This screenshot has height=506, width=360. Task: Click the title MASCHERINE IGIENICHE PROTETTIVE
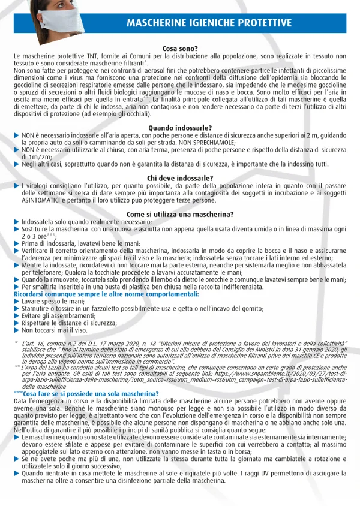(x=209, y=23)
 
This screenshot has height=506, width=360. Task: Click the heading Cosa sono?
(x=180, y=49)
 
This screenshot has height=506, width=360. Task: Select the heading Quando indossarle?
(x=180, y=128)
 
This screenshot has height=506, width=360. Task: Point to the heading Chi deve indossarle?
(x=180, y=178)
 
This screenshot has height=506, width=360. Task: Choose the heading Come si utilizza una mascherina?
(x=180, y=215)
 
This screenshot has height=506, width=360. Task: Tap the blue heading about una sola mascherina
(x=89, y=393)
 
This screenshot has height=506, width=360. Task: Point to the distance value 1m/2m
(x=33, y=156)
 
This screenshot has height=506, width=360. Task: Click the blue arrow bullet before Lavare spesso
(x=17, y=301)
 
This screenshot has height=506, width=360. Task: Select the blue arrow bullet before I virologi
(x=17, y=186)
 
